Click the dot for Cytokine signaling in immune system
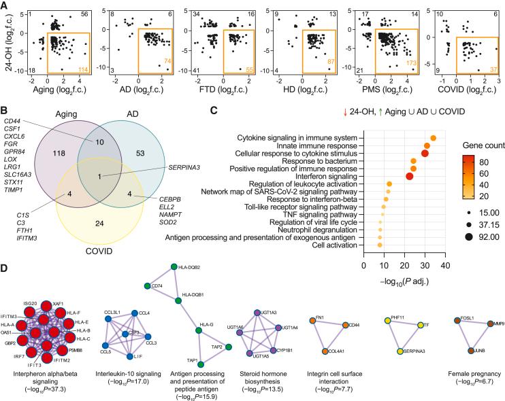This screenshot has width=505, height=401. tap(433, 139)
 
